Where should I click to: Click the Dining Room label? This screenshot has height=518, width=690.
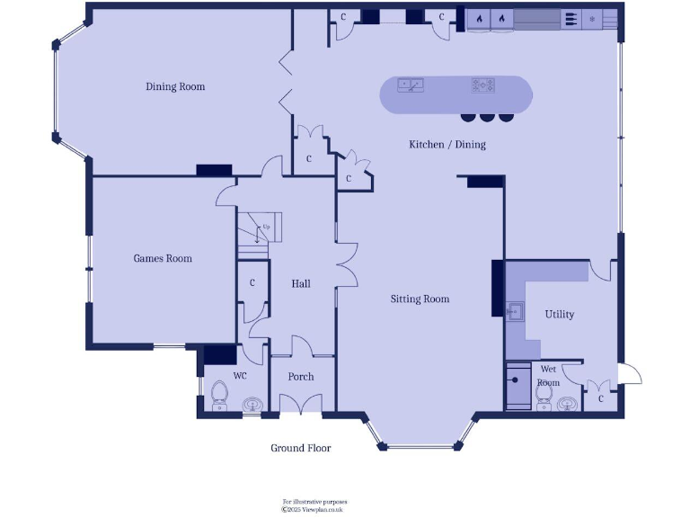pyautogui.click(x=175, y=87)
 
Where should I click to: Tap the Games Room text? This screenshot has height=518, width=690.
pyautogui.click(x=163, y=259)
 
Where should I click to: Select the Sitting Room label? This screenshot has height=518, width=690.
pyautogui.click(x=420, y=299)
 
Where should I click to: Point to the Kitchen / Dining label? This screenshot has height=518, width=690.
pyautogui.click(x=447, y=145)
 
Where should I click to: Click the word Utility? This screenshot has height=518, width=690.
pyautogui.click(x=559, y=315)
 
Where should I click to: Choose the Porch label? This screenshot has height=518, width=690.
pyautogui.click(x=301, y=377)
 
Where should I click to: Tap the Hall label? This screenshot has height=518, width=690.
pyautogui.click(x=301, y=284)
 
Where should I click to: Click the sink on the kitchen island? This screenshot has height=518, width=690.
pyautogui.click(x=411, y=85)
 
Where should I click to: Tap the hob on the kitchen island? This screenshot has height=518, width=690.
pyautogui.click(x=483, y=85)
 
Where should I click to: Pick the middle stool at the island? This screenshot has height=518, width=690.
pyautogui.click(x=486, y=116)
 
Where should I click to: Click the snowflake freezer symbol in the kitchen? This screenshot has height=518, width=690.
pyautogui.click(x=592, y=18)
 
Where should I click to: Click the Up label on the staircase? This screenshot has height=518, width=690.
pyautogui.click(x=266, y=227)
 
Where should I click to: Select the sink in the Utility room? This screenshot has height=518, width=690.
pyautogui.click(x=516, y=313)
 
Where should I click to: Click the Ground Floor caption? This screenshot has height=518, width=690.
pyautogui.click(x=301, y=448)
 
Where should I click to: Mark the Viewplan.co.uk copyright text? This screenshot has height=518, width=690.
pyautogui.click(x=314, y=509)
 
